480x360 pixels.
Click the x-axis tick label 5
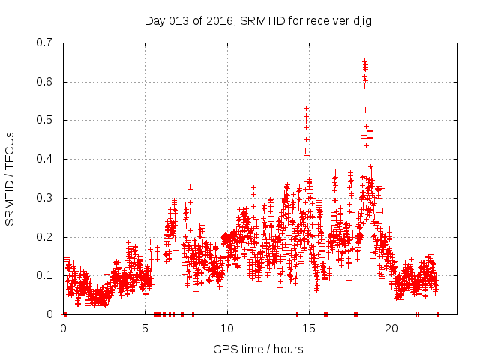pyautogui.click(x=145, y=328)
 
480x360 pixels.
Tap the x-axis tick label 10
pyautogui.click(x=226, y=328)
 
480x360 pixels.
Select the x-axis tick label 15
pyautogui.click(x=309, y=328)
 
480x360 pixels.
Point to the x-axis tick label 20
pyautogui.click(x=391, y=328)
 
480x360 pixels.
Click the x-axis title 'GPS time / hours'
pyautogui.click(x=258, y=349)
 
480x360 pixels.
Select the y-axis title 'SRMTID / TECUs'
pyautogui.click(x=10, y=178)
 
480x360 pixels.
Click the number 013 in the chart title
pyautogui.click(x=178, y=20)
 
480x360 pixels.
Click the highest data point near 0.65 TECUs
pyautogui.click(x=364, y=61)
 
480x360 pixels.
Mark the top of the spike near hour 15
pyautogui.click(x=306, y=108)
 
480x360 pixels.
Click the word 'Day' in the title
pyautogui.click(x=155, y=20)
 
